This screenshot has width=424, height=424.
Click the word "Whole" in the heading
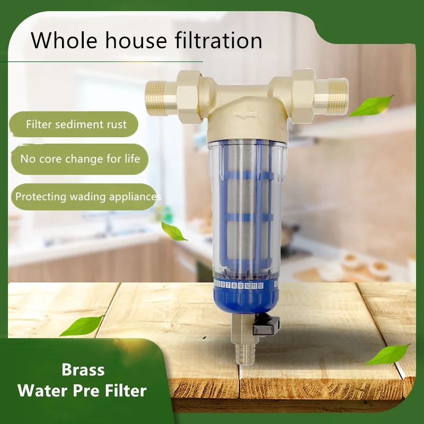(64, 41)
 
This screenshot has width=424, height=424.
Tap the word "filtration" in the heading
(218, 40)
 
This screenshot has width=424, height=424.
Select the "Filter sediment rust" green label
(74, 125)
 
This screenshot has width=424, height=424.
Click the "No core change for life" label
(80, 159)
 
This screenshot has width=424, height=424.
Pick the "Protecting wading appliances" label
(84, 197)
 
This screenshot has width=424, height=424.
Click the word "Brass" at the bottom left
(83, 369)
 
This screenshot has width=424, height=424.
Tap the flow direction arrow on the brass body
(245, 116)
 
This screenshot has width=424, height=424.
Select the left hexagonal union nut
(189, 96)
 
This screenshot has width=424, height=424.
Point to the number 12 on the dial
(260, 286)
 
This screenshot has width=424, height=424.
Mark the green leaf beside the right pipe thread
(372, 105)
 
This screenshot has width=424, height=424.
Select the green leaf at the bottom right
(388, 354)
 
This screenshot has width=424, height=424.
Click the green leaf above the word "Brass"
(82, 325)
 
